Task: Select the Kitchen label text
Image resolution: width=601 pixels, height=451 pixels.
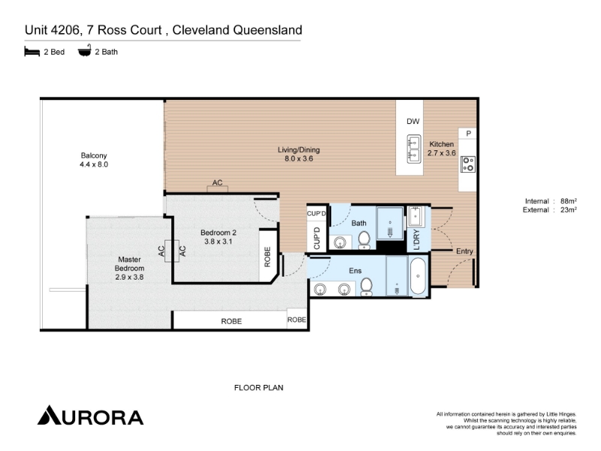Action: click(x=442, y=144)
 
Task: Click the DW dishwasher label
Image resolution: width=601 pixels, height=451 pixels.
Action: click(x=413, y=122)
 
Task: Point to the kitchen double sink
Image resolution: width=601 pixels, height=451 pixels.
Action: click(x=414, y=149)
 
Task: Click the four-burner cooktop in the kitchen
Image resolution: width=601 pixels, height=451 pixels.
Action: click(x=468, y=164)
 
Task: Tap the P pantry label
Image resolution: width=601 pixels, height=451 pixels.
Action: click(x=468, y=134)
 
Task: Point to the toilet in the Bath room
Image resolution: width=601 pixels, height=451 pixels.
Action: click(x=364, y=240)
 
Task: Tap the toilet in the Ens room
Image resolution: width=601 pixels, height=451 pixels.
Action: click(x=367, y=287)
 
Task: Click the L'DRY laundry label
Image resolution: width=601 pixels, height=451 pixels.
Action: click(x=417, y=240)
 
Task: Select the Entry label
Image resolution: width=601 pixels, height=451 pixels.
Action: click(x=464, y=251)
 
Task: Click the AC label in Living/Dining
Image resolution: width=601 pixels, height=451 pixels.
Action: click(x=217, y=183)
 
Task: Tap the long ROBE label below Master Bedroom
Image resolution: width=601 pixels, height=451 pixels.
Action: click(x=231, y=322)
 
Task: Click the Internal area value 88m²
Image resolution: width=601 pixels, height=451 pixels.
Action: click(x=569, y=201)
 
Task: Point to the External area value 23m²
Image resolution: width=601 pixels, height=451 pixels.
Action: click(x=569, y=210)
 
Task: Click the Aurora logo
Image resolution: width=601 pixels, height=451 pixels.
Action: click(x=90, y=416)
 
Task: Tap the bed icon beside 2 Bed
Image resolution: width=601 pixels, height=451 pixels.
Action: click(x=32, y=51)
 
